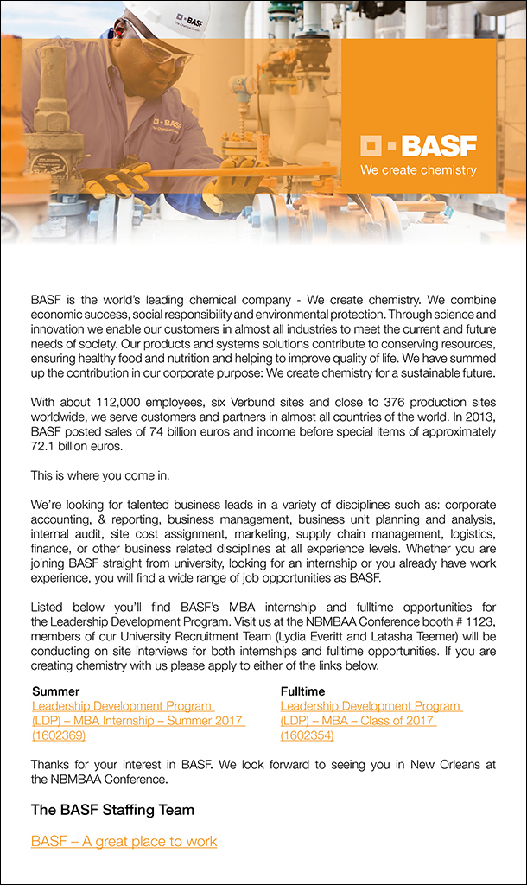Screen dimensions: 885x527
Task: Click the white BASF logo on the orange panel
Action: tap(418, 145)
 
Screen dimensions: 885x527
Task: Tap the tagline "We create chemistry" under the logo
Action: tap(418, 170)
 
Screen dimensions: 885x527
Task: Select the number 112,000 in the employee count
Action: tap(124, 402)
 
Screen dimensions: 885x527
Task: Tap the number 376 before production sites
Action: tap(377, 402)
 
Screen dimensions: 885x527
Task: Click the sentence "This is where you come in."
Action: tap(99, 475)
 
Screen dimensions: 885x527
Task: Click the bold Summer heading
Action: tap(55, 691)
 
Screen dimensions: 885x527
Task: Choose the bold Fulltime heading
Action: tap(302, 691)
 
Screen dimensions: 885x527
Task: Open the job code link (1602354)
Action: tap(307, 735)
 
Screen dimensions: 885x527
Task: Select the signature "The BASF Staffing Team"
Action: tap(112, 810)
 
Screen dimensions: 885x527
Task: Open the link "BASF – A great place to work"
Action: tap(124, 841)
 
